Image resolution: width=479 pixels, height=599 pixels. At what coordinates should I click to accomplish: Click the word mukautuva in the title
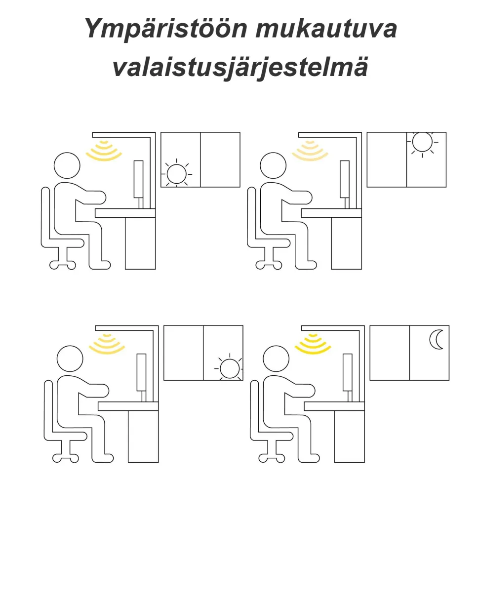pos(326,29)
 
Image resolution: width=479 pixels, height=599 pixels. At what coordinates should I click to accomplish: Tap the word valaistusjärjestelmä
pos(240,68)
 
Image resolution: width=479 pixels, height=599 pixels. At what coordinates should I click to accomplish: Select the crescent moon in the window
pos(437,339)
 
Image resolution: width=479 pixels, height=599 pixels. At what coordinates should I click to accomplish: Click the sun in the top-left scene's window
pos(176,174)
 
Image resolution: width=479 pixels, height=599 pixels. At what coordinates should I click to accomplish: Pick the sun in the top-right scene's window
pos(422,142)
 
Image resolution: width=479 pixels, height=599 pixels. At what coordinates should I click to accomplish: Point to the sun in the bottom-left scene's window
pos(229,368)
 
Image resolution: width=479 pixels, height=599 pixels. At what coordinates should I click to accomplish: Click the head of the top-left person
pos(67,165)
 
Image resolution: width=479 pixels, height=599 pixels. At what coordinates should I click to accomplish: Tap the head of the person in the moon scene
pos(276,359)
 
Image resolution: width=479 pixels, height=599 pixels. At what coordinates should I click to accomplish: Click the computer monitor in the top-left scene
pos(139,179)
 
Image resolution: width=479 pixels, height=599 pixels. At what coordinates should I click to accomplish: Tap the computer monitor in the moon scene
pos(347,372)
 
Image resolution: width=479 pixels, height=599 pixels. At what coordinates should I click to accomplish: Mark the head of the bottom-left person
pos(70,359)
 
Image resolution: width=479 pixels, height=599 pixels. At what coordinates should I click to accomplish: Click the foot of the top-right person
pos(306,265)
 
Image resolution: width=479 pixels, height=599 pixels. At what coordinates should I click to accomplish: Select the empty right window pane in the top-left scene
pos(220,160)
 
